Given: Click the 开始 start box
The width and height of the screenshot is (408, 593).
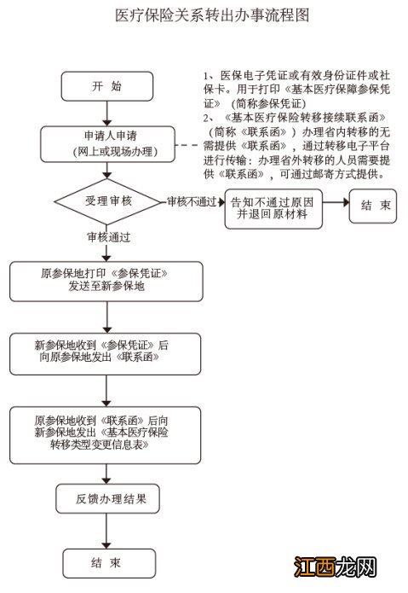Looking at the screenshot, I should [106, 85].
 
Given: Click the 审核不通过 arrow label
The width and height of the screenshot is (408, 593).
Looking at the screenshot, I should [192, 201].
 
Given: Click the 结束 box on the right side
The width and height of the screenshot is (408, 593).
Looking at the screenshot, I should [376, 206].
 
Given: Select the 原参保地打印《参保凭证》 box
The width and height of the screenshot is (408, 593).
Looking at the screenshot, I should [106, 282].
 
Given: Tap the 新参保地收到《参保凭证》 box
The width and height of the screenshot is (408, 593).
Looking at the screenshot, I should [106, 352].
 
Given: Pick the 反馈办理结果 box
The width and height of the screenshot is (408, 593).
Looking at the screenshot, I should [106, 499].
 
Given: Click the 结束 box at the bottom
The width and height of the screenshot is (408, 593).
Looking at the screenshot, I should [106, 562].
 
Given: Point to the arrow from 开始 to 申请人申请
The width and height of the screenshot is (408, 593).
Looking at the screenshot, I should [106, 113].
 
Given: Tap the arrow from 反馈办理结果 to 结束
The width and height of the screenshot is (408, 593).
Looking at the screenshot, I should [106, 531].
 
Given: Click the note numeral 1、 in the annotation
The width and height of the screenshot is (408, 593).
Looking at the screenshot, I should [207, 76].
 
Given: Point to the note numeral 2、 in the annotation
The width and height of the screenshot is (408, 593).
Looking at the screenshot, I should [207, 116].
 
